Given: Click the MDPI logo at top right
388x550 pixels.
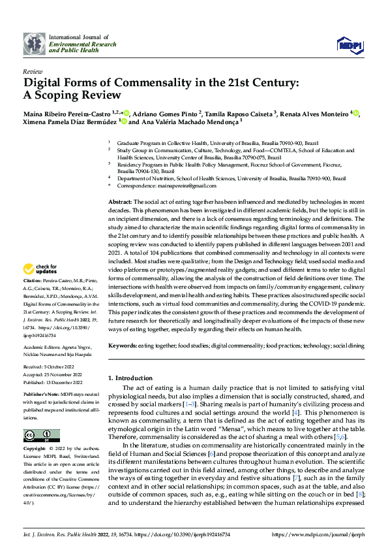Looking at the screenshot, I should click(349, 44).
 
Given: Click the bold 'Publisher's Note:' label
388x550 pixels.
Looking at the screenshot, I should click(42, 396).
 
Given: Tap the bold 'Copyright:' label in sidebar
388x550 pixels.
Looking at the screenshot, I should click(35, 450).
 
